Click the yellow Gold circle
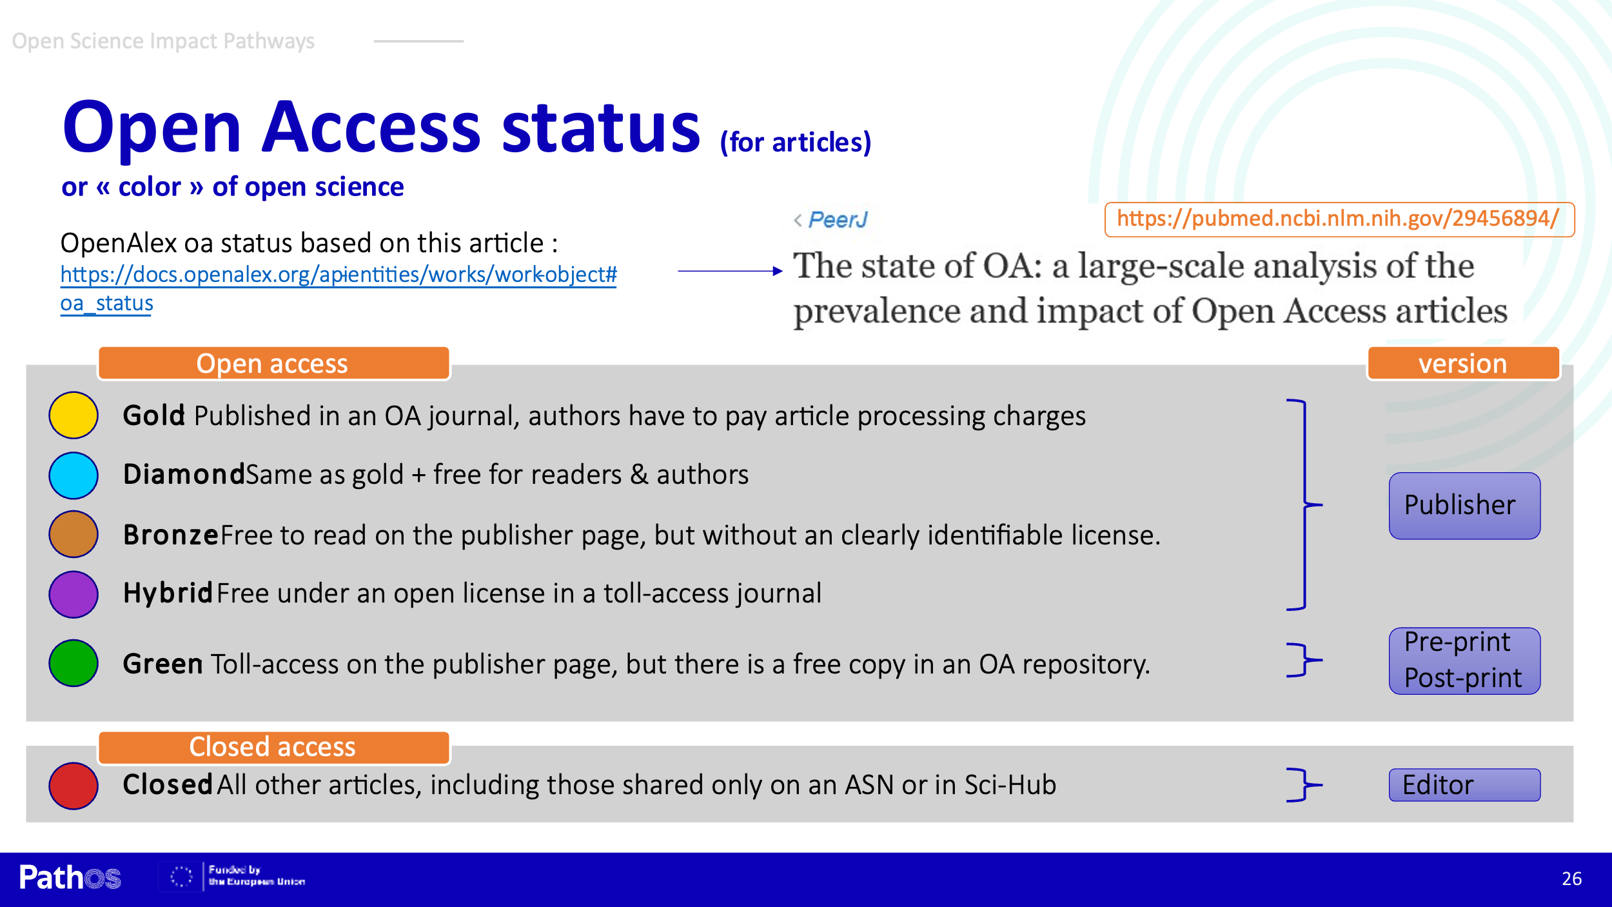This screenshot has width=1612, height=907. click(74, 415)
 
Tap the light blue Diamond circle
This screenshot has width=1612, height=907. click(74, 475)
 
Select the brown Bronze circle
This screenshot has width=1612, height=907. click(74, 534)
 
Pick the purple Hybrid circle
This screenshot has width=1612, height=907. click(74, 594)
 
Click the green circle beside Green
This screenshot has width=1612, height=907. click(74, 663)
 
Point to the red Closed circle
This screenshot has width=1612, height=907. click(74, 786)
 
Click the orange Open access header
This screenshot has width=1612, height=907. click(273, 363)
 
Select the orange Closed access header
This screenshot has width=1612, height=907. click(273, 747)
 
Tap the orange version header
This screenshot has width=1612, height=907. click(1463, 363)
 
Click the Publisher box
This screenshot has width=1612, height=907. click(1464, 506)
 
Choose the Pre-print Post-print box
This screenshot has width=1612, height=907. click(1464, 661)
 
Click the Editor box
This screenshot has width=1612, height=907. click(1464, 785)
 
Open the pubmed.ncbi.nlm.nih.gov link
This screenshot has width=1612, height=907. click(1339, 219)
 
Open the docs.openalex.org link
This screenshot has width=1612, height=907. click(338, 288)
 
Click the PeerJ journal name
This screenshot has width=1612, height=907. click(838, 220)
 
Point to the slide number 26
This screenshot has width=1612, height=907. click(1571, 879)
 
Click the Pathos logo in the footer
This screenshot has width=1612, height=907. click(70, 877)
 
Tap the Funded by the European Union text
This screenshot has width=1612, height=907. click(256, 875)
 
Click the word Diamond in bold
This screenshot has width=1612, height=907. click(184, 475)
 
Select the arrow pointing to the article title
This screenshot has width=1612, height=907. click(731, 271)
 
